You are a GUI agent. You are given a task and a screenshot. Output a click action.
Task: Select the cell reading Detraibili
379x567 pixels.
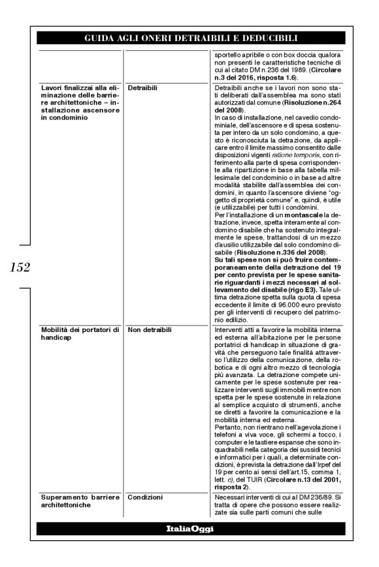(143, 87)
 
